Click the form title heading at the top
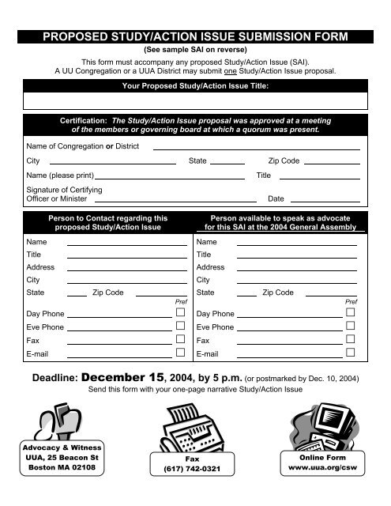tap(195, 36)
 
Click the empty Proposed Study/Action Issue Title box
tap(195, 100)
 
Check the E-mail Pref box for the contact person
tap(180, 353)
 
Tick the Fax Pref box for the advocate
tap(350, 340)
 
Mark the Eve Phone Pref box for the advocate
tap(350, 327)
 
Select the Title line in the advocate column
tap(296, 255)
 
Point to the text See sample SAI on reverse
tap(195, 48)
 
